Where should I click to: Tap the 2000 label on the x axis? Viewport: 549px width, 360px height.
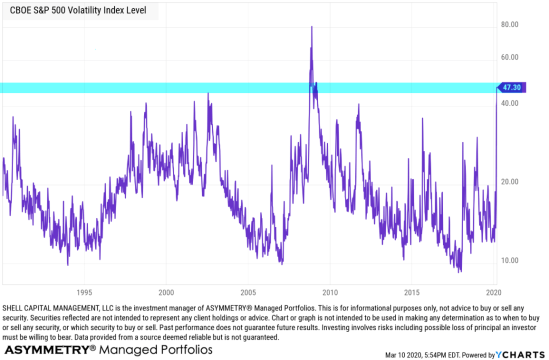click(x=167, y=281)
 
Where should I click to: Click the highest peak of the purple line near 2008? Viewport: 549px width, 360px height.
click(x=312, y=27)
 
